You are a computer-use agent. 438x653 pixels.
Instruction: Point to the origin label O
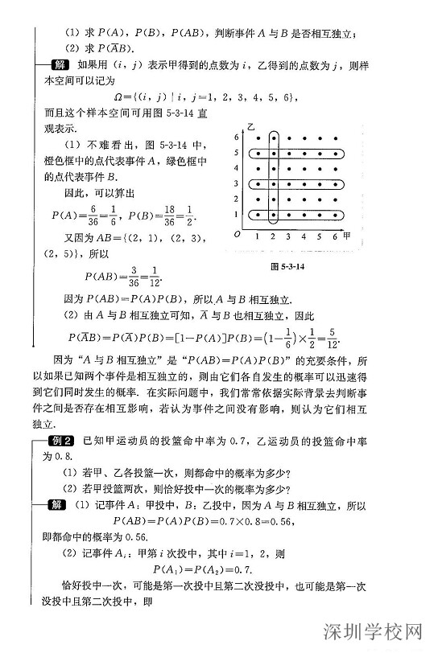click(x=237, y=235)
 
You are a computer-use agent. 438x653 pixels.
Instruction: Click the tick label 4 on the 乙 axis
click(x=237, y=168)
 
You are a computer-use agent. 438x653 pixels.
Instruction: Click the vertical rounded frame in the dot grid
click(x=275, y=178)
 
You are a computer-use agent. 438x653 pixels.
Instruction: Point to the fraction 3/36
click(x=122, y=277)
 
